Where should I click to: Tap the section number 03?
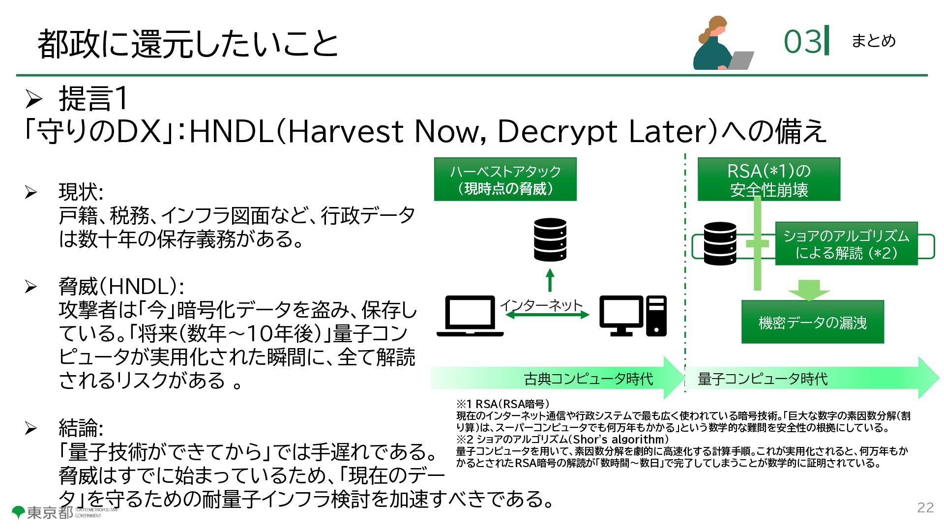point(802,41)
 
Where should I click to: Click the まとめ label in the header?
point(873,41)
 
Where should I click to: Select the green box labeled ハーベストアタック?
point(505,179)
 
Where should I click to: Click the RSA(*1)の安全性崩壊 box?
point(768,179)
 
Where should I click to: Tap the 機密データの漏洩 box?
point(812,322)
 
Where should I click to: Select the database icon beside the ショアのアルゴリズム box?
point(720,243)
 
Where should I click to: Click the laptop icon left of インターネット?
point(470,316)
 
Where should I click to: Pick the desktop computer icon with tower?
point(633,316)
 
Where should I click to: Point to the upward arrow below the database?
point(550,280)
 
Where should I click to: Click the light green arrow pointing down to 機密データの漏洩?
point(809,290)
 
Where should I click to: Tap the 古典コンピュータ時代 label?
point(588,379)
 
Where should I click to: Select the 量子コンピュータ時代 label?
point(763,379)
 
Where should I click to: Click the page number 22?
point(925,508)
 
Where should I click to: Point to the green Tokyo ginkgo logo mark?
point(18,512)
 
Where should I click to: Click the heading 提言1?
point(93,98)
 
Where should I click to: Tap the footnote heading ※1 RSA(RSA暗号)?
point(502,404)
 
